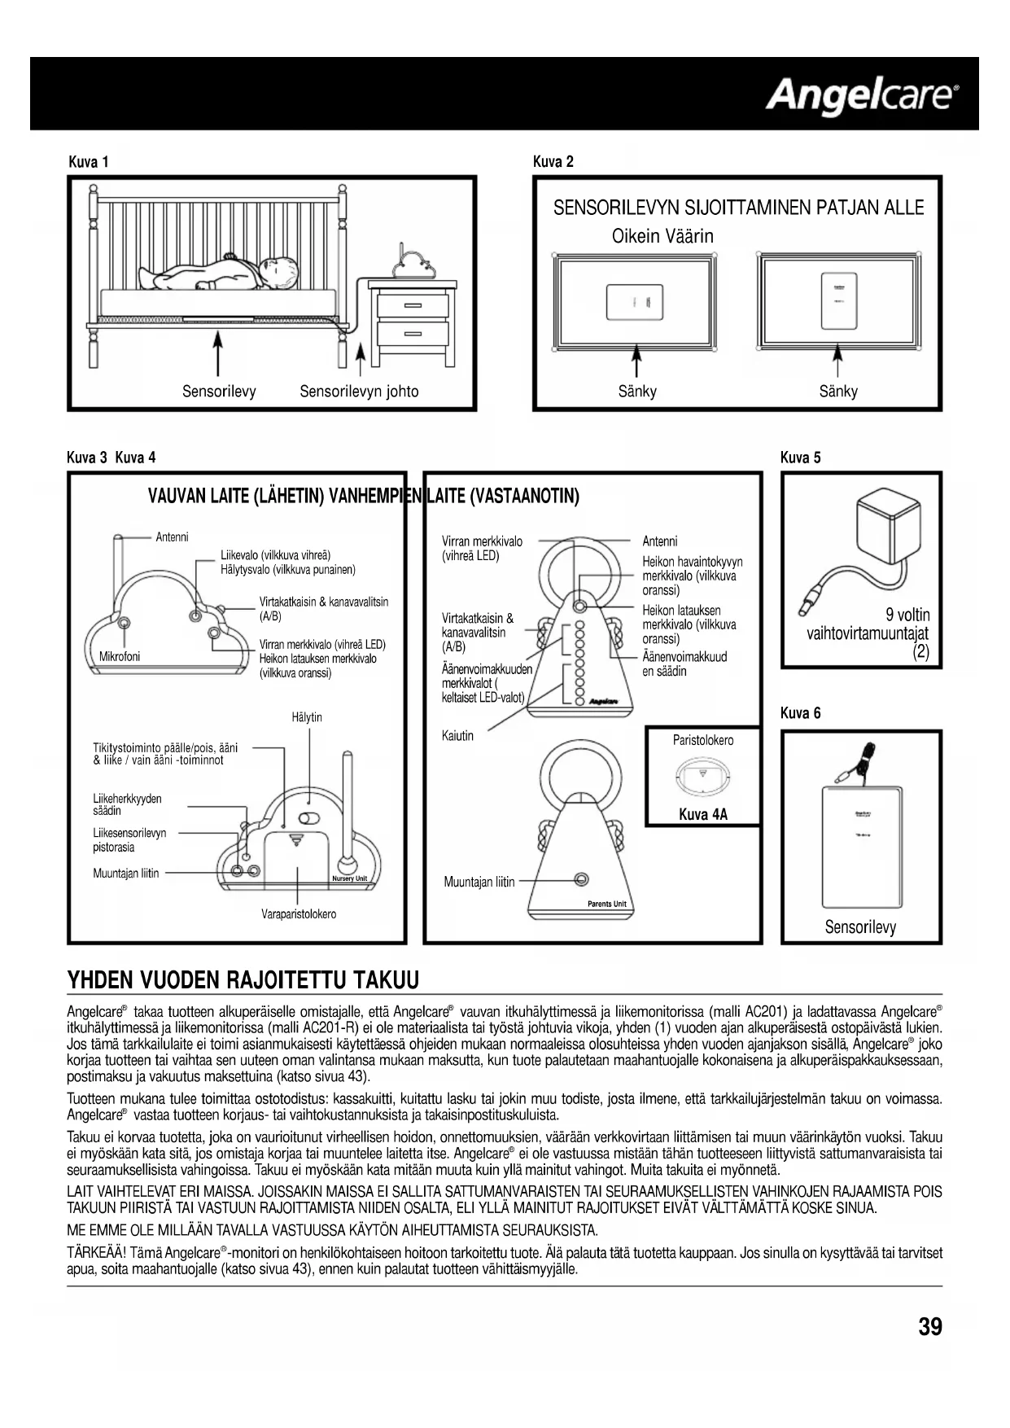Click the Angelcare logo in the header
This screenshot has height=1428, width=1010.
[x=862, y=96]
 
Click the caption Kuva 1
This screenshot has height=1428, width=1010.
[x=89, y=161]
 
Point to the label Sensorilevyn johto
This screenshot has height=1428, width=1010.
[x=359, y=392]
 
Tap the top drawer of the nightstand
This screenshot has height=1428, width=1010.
[x=413, y=304]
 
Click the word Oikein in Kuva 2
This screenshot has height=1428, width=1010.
[x=636, y=236]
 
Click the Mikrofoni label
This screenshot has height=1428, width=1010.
[x=120, y=657]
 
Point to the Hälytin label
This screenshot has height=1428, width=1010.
[x=307, y=717]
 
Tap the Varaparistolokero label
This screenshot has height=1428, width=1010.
[x=299, y=914]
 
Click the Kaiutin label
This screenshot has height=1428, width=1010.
[x=457, y=736]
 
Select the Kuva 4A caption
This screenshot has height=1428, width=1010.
[x=703, y=813]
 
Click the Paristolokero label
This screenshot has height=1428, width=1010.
[x=703, y=740]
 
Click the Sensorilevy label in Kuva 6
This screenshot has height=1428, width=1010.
[x=860, y=926]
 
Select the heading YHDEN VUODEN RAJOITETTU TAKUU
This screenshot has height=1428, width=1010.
[x=243, y=979]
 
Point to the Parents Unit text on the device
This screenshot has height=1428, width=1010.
[x=606, y=904]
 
